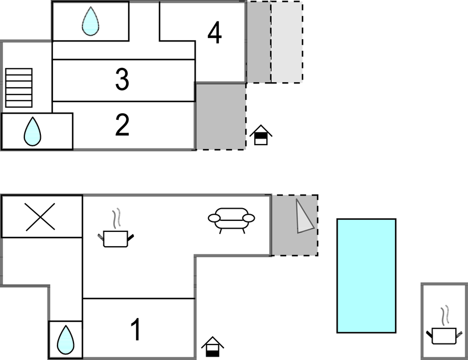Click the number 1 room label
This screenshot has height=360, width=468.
click(135, 330)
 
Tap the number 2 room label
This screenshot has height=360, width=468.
click(122, 126)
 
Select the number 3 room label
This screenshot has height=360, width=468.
click(122, 80)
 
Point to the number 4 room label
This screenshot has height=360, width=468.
click(214, 34)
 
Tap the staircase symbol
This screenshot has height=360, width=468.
click(19, 87)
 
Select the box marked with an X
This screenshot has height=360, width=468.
click(41, 216)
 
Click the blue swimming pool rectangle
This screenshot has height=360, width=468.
click(366, 276)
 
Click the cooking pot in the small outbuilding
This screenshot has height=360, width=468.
click(444, 335)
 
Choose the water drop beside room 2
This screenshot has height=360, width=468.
click(33, 131)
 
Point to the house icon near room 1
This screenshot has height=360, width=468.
click(213, 347)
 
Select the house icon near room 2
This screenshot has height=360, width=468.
click(261, 135)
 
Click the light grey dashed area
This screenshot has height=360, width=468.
click(287, 42)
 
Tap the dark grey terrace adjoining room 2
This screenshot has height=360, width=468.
click(221, 116)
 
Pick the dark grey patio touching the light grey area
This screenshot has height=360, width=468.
click(258, 42)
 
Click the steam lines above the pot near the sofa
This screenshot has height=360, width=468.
click(115, 219)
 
